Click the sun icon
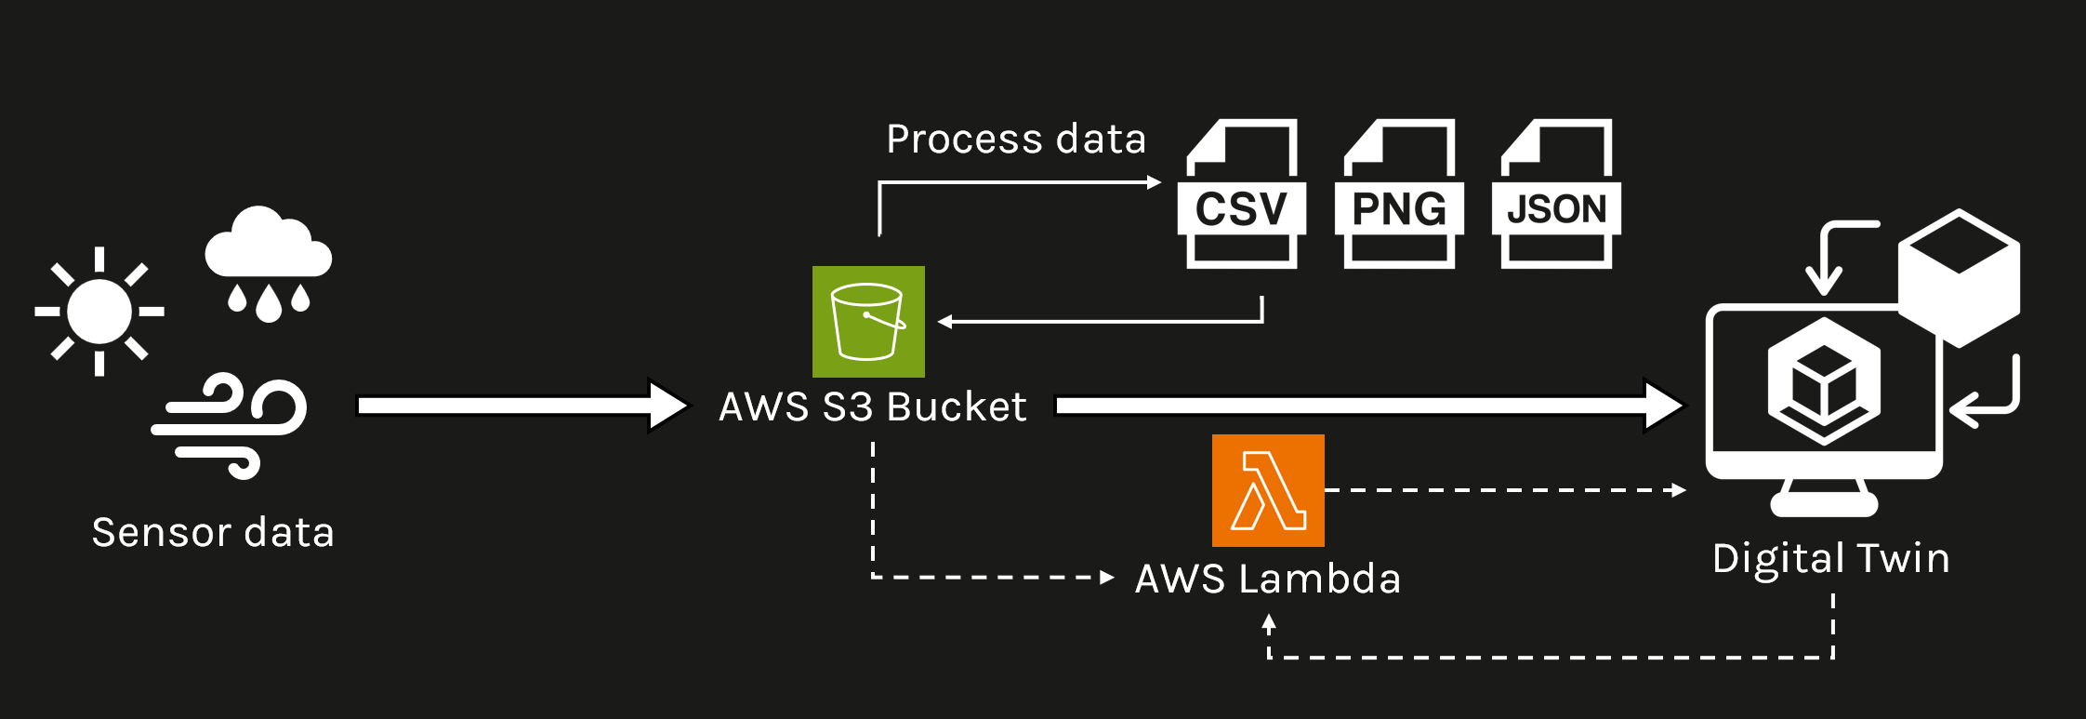(x=99, y=312)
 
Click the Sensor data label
(x=213, y=533)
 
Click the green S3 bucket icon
(x=868, y=322)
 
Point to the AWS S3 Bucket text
(x=872, y=407)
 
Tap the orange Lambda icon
(x=1268, y=490)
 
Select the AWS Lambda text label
(x=1267, y=579)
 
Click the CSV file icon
(x=1242, y=195)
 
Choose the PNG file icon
(x=1399, y=195)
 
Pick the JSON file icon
(x=1556, y=195)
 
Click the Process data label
(x=1016, y=140)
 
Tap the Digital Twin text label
(x=1830, y=558)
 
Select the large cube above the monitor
(x=1959, y=277)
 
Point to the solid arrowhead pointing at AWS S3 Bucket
(x=667, y=406)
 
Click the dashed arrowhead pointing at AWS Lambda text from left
(x=1106, y=578)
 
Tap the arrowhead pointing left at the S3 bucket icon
(x=945, y=322)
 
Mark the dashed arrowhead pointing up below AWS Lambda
(x=1269, y=623)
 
